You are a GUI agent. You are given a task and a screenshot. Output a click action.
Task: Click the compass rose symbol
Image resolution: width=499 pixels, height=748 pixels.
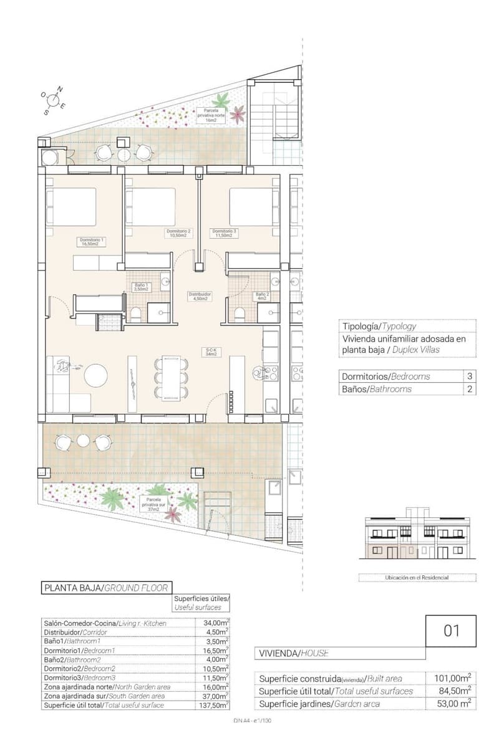(x=54, y=100)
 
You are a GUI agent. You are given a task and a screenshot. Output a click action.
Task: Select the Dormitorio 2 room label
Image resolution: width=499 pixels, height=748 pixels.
(x=179, y=233)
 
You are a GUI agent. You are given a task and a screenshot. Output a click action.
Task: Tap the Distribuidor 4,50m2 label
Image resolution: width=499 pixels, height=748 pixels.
(x=200, y=296)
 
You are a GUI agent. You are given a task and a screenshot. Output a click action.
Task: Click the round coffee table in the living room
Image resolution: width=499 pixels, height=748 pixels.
(x=97, y=375)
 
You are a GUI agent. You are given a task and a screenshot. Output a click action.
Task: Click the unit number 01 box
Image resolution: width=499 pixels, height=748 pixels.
(x=452, y=630)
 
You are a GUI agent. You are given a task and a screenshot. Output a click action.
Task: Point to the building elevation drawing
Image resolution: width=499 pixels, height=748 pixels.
(x=416, y=535)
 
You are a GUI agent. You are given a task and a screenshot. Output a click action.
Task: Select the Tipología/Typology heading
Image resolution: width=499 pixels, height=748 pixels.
(x=379, y=326)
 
